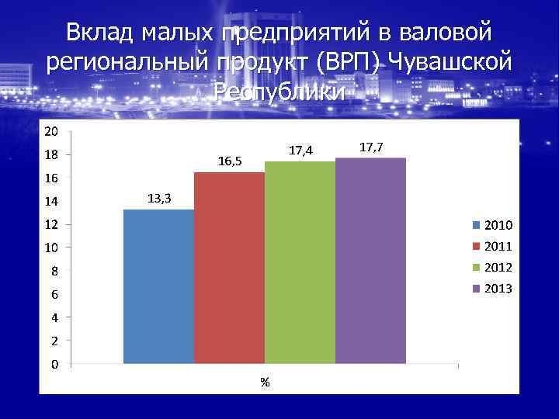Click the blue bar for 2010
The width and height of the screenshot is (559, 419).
click(x=158, y=286)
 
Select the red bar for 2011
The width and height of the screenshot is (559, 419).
click(x=229, y=268)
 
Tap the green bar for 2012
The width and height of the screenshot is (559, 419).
click(x=300, y=262)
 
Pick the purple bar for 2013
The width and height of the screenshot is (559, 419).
click(x=370, y=261)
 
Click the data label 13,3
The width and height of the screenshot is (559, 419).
click(x=158, y=199)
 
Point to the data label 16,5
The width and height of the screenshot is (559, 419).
click(x=230, y=161)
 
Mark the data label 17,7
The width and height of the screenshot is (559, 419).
click(x=371, y=147)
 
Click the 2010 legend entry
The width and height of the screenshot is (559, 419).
click(x=492, y=226)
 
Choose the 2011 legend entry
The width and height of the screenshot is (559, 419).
click(x=492, y=247)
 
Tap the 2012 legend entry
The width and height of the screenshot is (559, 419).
click(x=492, y=268)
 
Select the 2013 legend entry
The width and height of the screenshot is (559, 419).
click(x=492, y=289)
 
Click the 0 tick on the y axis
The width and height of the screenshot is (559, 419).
click(x=53, y=363)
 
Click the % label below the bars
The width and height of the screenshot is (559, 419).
click(x=265, y=382)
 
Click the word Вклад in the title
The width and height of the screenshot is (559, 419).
click(x=99, y=33)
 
